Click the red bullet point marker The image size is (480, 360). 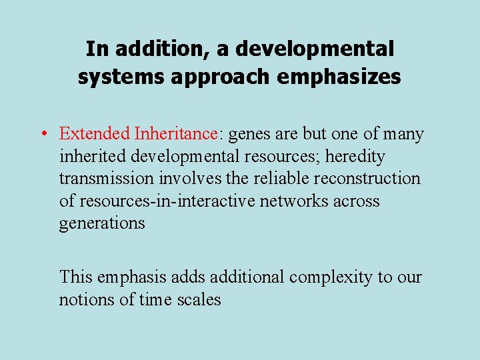pos(42,134)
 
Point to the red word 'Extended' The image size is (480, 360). pos(94,133)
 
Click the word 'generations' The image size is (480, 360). pos(101,223)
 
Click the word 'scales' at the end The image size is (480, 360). pos(199,299)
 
